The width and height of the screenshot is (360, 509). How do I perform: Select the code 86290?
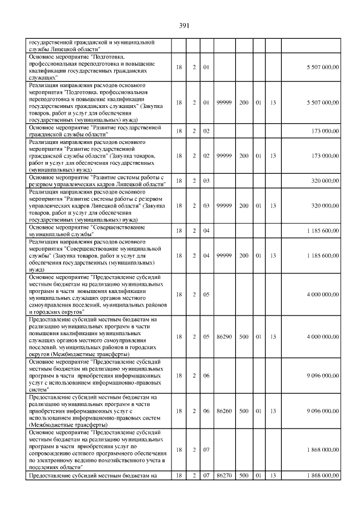tap(224, 336)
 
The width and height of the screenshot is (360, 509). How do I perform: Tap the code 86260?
tap(224, 411)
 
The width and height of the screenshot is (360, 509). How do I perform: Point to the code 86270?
tap(224, 476)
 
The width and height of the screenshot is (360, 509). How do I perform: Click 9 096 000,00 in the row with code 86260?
tap(322, 411)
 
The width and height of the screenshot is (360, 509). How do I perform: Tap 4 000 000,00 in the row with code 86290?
tap(322, 336)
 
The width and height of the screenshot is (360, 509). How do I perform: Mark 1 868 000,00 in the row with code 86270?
tap(322, 476)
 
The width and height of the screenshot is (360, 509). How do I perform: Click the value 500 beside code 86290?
tap(244, 336)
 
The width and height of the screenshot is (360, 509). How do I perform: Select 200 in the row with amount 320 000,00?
tap(244, 206)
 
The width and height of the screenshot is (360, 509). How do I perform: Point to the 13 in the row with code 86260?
tap(273, 411)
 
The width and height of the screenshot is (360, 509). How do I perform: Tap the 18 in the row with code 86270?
tap(179, 476)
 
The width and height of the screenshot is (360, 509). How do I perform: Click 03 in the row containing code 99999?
tap(206, 206)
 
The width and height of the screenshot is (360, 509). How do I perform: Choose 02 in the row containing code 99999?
tap(206, 155)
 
